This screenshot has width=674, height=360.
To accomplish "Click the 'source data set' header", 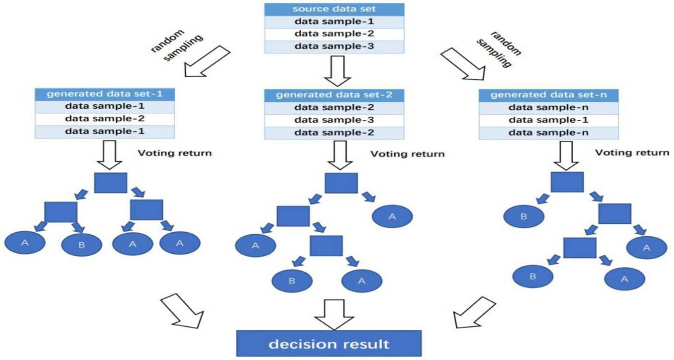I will click(x=334, y=9).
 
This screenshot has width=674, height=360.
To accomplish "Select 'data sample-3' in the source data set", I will click(x=334, y=46).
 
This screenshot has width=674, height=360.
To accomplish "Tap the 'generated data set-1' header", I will click(x=105, y=94).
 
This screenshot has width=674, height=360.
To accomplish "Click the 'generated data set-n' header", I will click(x=548, y=95).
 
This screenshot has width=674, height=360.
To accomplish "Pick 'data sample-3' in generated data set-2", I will click(x=334, y=120).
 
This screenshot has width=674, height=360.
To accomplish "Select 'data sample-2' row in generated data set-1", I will click(x=105, y=119).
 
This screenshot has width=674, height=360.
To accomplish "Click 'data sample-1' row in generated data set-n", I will click(x=548, y=120).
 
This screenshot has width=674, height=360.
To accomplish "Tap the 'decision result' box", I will click(x=329, y=343).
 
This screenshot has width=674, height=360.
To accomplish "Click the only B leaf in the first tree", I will click(x=82, y=245).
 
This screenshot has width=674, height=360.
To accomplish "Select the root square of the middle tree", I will click(x=341, y=183).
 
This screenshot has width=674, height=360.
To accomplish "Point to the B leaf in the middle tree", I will click(x=292, y=281).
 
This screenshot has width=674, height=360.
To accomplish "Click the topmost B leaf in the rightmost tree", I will click(x=524, y=216).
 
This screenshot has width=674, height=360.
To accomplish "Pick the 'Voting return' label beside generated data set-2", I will click(x=407, y=154).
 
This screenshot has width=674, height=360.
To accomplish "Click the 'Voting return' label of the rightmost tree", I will click(x=632, y=153).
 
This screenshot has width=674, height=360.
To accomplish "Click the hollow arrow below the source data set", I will click(x=338, y=71).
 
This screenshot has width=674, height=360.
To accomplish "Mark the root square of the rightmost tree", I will click(x=567, y=182).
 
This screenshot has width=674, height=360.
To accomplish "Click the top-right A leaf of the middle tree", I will click(x=392, y=216).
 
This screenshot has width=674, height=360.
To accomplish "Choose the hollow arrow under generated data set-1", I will click(x=109, y=154).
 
